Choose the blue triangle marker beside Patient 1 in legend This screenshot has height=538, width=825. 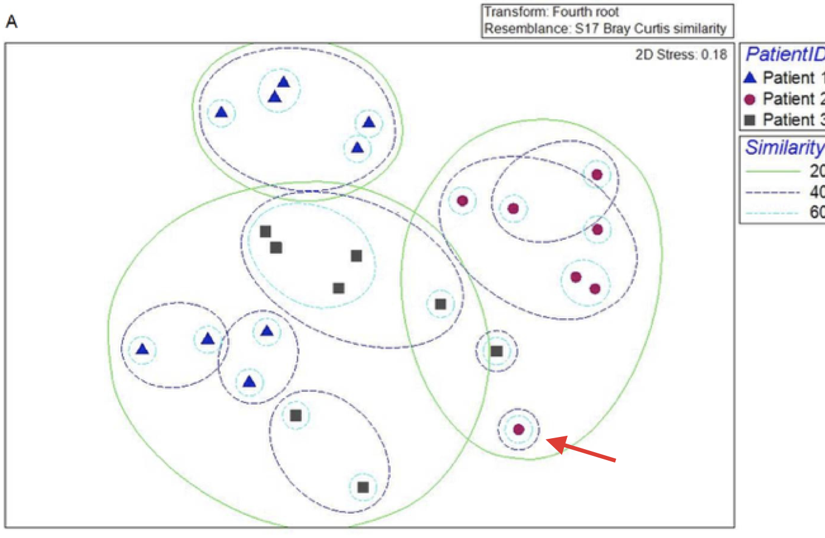751,78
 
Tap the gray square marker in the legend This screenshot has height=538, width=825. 751,119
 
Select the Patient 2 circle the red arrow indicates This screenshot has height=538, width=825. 519,429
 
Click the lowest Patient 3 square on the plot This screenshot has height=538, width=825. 363,487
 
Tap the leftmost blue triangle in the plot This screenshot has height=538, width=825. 142,349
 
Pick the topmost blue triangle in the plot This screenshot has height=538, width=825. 284,82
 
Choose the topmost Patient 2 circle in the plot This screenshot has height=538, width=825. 597,175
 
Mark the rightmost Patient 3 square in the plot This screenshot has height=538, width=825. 497,351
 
